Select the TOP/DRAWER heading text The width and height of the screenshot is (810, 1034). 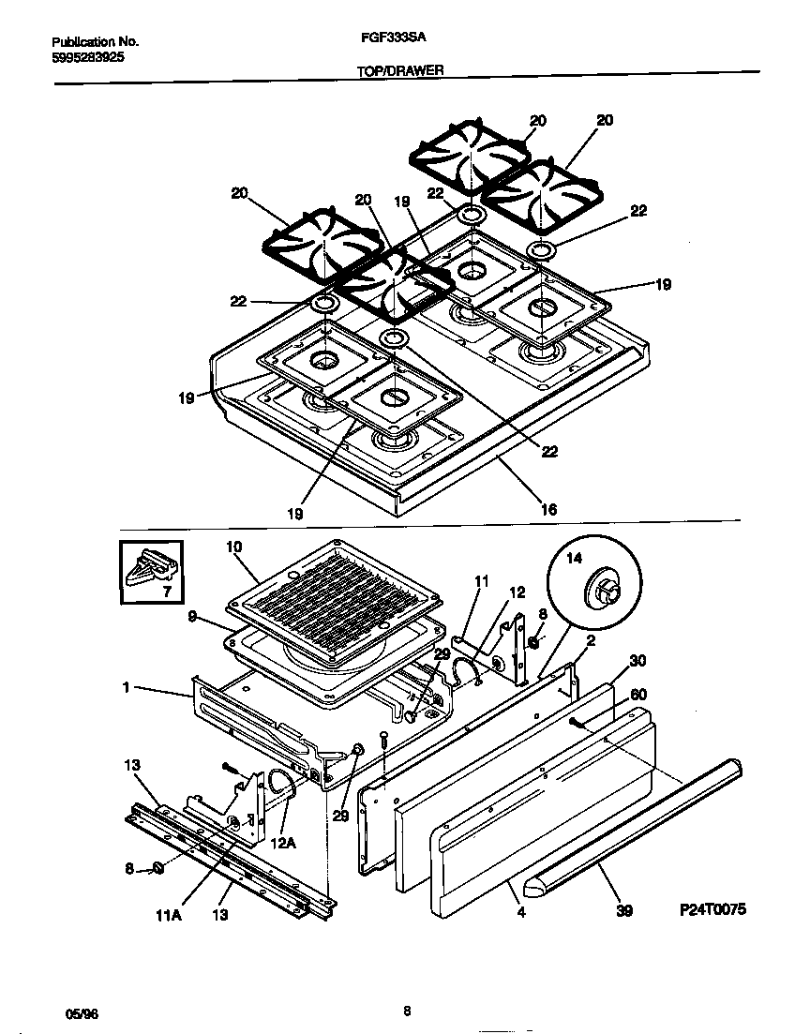(x=400, y=70)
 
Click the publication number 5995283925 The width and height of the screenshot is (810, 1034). (x=88, y=57)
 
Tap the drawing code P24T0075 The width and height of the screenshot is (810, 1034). (x=713, y=910)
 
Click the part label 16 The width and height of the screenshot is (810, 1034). (x=549, y=510)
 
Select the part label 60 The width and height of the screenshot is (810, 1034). (x=638, y=695)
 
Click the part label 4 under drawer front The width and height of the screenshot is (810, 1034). (x=520, y=909)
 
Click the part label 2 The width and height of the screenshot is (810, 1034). (x=592, y=641)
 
